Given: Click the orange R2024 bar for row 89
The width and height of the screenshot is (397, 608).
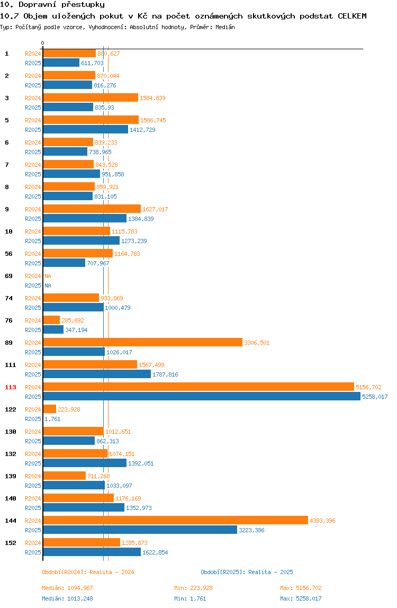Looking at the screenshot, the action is point(143,342).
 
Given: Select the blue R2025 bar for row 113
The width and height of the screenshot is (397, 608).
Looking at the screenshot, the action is point(202,396).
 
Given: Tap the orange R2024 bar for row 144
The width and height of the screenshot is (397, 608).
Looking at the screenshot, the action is point(176,521).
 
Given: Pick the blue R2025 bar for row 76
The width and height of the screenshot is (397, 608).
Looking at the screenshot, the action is point(53,329).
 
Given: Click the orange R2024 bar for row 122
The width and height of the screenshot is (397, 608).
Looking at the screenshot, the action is point(50,409).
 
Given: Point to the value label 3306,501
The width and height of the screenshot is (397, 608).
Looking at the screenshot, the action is point(257,343).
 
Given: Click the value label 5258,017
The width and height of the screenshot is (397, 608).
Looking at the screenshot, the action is point(375,397).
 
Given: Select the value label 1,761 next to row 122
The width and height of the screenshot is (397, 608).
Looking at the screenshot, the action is point(52,419).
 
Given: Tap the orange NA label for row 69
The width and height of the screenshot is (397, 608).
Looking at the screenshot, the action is point(48,276).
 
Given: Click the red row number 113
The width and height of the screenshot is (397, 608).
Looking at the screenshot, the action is point(11,387).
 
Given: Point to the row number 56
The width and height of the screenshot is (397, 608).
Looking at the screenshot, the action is point(8,254).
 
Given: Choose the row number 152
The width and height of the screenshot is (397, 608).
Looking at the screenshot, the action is point(11,543).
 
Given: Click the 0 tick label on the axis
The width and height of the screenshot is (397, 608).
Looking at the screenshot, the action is point(43,43).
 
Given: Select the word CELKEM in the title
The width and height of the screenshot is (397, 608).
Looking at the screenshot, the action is point(352,16).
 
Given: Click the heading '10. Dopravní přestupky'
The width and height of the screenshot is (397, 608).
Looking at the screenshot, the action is point(52,5).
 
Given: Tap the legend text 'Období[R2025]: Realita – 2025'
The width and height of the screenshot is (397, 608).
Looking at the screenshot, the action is point(247,572).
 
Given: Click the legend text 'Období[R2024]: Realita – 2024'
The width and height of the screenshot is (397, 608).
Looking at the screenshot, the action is point(88,572).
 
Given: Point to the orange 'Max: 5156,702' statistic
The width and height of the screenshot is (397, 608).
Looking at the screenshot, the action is point(301,588).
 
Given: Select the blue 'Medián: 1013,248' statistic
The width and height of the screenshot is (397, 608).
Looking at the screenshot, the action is point(67,598).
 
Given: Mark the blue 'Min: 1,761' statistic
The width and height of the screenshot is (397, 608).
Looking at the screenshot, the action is point(190,598).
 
